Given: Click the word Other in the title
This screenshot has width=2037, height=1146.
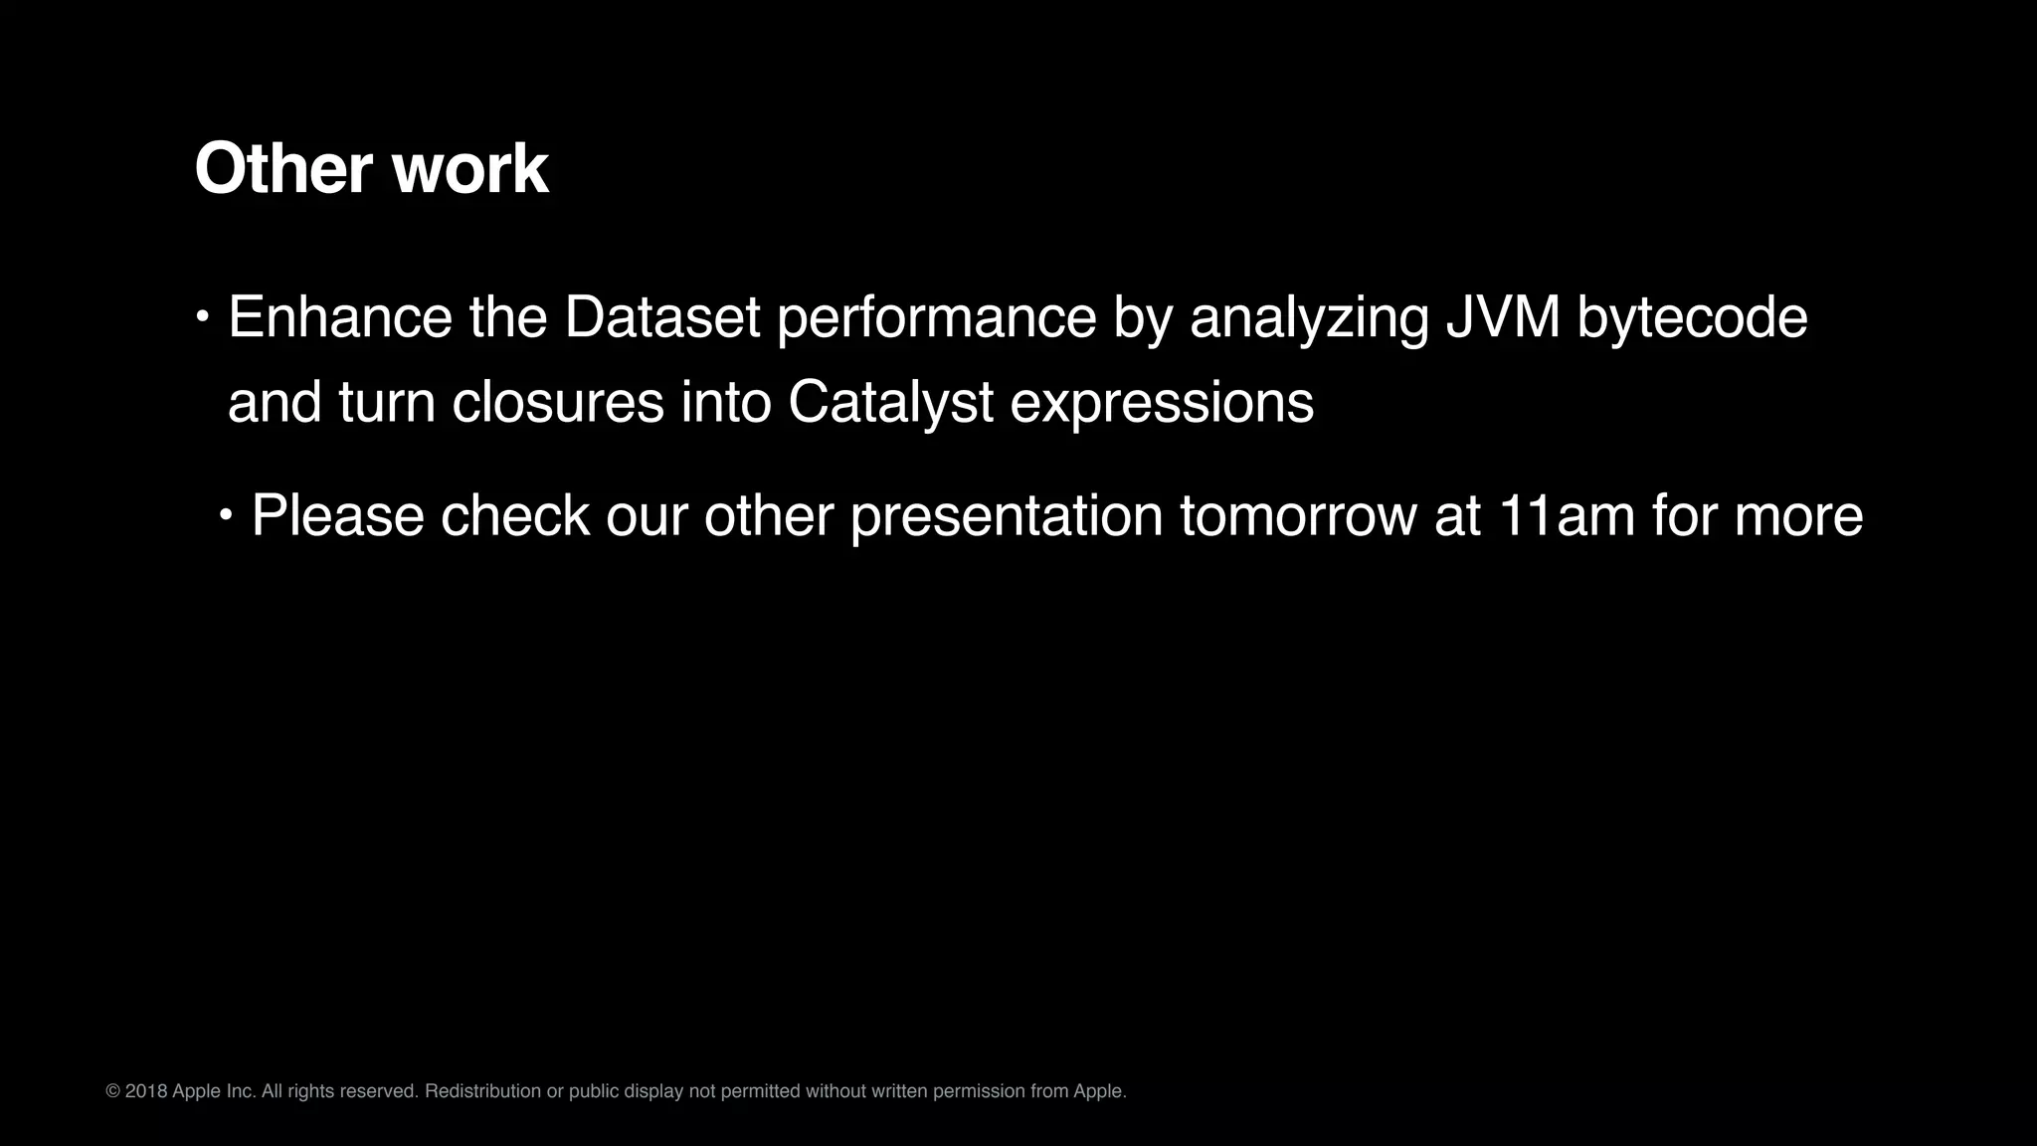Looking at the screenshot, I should [x=284, y=169].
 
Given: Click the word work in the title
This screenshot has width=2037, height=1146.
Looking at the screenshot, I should [x=470, y=169].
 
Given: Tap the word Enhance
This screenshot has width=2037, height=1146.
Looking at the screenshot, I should [x=340, y=317].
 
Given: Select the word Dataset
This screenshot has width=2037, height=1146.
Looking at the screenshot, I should [x=661, y=317].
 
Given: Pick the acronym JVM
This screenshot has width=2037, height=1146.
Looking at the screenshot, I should [x=1503, y=317].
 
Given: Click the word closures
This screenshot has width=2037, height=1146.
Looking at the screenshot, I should [x=558, y=403].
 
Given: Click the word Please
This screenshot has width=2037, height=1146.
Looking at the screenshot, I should [x=337, y=516].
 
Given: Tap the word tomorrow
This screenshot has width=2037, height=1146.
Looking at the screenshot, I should [x=1299, y=516].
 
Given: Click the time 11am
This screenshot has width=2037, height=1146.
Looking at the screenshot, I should [x=1566, y=516].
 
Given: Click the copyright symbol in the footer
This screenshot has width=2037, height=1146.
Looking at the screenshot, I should [x=112, y=1091].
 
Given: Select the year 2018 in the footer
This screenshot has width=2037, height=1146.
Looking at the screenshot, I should [x=146, y=1091].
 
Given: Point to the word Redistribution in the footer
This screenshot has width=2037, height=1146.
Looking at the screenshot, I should [x=482, y=1091].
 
